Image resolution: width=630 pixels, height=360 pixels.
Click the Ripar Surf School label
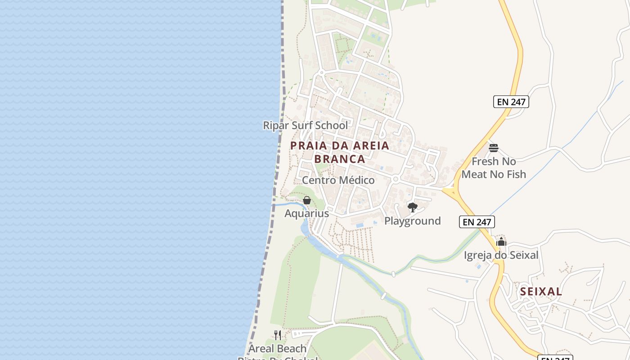[x=305, y=126]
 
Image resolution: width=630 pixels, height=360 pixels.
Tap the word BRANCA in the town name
[x=340, y=159]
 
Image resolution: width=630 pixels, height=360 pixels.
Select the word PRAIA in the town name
[x=306, y=145]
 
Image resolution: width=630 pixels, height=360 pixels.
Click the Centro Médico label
[x=338, y=180]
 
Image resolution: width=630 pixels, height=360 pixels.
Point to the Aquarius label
[x=306, y=213]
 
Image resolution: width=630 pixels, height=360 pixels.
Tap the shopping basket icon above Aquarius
[x=307, y=200]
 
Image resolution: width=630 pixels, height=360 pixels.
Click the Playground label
[x=412, y=221]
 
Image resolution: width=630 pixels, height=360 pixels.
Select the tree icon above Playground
[x=412, y=207]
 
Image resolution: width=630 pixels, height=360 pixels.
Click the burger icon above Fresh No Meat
[x=494, y=148]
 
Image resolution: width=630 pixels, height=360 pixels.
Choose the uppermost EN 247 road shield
[x=511, y=102]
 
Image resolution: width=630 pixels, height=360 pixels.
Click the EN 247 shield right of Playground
[x=477, y=221]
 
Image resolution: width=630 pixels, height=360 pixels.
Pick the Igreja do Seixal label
[x=501, y=255]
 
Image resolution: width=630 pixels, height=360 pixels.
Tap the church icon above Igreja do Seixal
[x=501, y=242]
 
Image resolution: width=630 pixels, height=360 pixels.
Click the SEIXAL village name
[x=541, y=292]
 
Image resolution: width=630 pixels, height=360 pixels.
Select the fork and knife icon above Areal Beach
[x=278, y=335]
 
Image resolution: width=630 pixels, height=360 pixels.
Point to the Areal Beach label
[x=277, y=349]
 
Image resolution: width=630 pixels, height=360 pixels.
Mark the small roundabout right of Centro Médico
[x=396, y=179]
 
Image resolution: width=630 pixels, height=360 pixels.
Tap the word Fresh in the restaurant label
[x=485, y=161]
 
